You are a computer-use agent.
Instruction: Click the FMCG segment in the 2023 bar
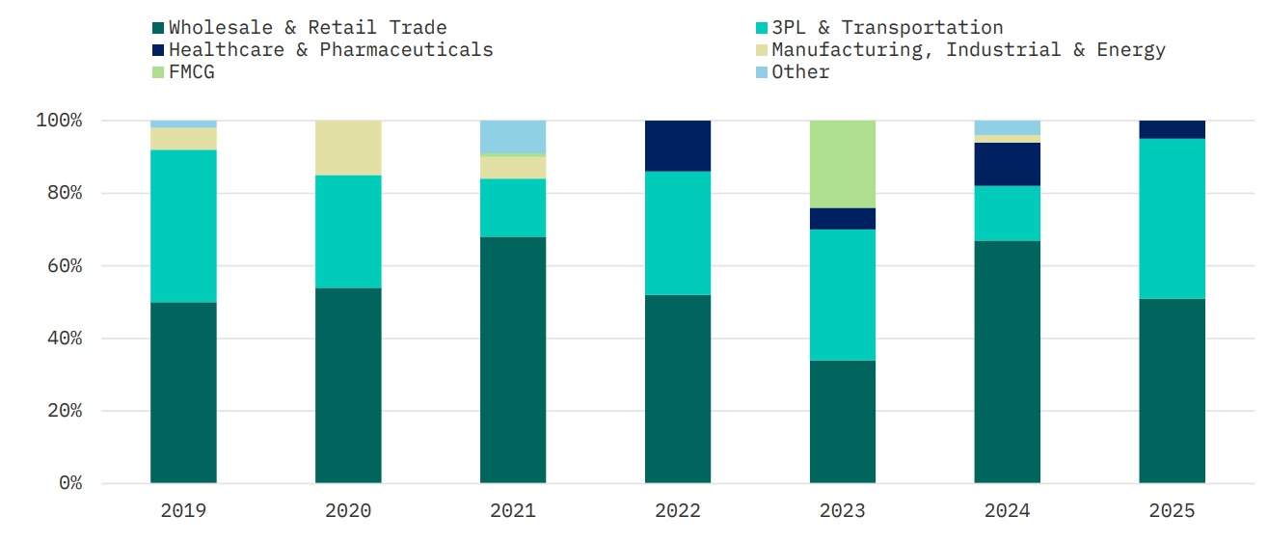pos(842,164)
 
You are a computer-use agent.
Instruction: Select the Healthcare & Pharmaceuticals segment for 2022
pos(678,146)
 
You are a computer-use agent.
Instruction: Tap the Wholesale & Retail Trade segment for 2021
pos(513,360)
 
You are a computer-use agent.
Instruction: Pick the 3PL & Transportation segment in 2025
pos(1172,219)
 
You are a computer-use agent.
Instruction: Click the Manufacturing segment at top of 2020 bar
pos(348,148)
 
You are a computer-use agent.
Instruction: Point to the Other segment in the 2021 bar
pos(513,136)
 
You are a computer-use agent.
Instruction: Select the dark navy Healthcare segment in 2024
pos(1007,164)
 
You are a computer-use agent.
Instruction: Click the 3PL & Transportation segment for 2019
pos(183,227)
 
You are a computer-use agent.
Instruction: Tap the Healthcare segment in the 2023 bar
pos(842,219)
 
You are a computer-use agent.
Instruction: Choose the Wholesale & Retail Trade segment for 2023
pos(842,421)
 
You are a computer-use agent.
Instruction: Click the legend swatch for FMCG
pos(159,72)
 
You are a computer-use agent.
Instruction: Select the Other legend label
pos(800,72)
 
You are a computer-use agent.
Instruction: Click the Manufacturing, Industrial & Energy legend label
pos(968,50)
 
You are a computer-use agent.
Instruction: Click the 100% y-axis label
pos(59,121)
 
